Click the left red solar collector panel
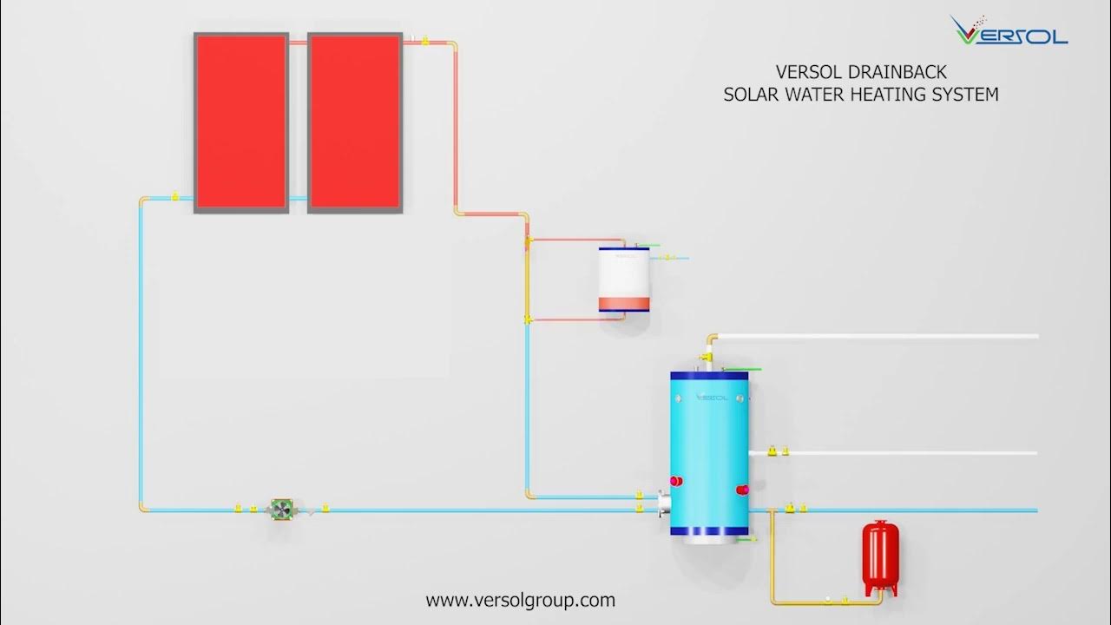click(240, 122)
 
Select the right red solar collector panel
click(355, 122)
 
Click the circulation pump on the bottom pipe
click(281, 510)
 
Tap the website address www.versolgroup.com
click(520, 600)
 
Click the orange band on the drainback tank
click(624, 305)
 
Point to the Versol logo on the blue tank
click(709, 396)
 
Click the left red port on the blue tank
click(674, 480)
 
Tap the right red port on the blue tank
click(742, 490)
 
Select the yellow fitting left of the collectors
click(175, 197)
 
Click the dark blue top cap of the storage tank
click(709, 375)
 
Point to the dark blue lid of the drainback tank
click(624, 250)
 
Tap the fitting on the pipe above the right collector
click(424, 40)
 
